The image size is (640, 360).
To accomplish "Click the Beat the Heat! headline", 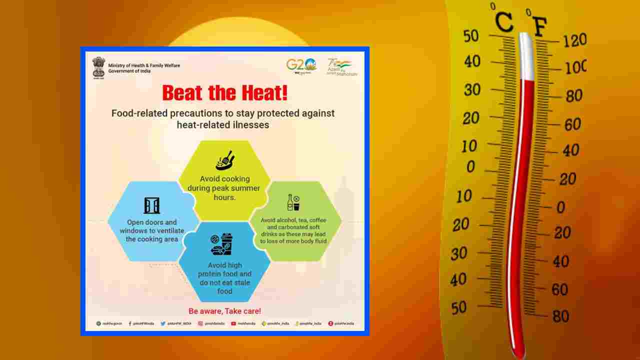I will click(224, 93).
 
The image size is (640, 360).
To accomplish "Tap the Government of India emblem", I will click(98, 67).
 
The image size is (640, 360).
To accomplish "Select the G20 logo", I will click(301, 65).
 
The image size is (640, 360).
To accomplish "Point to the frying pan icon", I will click(224, 160).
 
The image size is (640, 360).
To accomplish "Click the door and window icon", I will click(151, 205).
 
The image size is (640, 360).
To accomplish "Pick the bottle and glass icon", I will click(293, 202).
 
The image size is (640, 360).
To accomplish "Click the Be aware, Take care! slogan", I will click(224, 311).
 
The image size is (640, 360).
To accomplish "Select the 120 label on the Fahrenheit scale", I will click(574, 40).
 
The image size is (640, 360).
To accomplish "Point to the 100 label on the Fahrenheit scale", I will click(575, 67).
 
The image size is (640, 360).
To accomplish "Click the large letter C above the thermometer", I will click(504, 22).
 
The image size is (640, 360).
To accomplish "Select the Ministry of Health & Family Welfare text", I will click(144, 65).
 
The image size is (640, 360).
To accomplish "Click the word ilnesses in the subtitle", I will click(247, 125).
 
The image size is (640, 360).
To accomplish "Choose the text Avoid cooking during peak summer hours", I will click(224, 188).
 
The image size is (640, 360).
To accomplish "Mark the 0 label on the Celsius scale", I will click(470, 167).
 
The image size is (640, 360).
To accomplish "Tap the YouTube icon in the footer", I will click(233, 323).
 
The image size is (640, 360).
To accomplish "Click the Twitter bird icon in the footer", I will click(163, 323).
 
